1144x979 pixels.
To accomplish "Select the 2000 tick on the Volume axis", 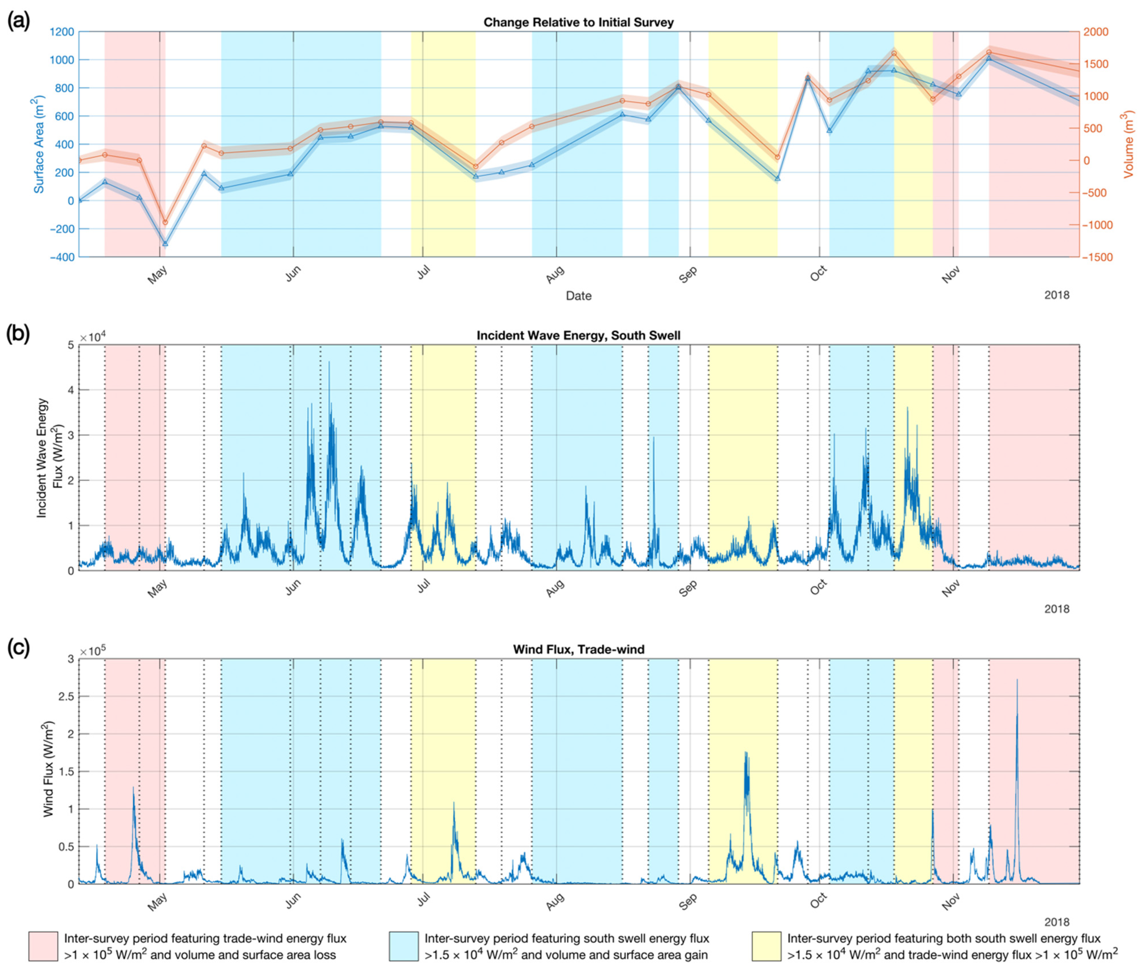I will (1096, 32).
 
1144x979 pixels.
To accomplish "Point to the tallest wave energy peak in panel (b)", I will (329, 362).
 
